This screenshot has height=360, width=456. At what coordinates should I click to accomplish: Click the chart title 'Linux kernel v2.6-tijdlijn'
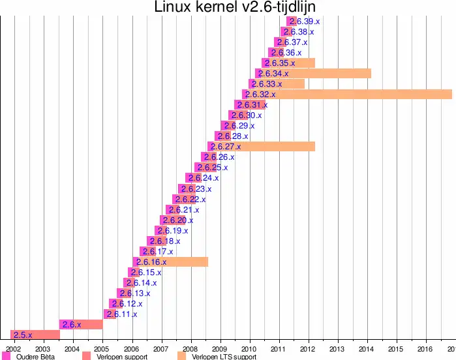coord(228,7)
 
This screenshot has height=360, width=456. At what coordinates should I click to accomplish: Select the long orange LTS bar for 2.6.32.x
coord(365,95)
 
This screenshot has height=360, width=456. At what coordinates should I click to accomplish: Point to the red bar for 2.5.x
coord(36,335)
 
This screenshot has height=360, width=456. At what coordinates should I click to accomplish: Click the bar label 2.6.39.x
coord(305,22)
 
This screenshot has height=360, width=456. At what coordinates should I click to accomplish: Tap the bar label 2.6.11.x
coord(122,314)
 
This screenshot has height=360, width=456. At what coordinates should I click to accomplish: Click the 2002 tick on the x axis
coord(14,348)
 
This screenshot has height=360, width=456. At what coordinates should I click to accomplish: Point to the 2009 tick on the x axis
coord(220,348)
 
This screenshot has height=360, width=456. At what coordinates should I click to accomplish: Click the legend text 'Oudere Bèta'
coord(35,357)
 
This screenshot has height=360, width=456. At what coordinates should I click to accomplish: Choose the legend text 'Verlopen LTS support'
coord(224,357)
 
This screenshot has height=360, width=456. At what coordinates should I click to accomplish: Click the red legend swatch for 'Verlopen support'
coord(87,357)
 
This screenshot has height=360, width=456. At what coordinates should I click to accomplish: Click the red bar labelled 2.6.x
coord(81,324)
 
